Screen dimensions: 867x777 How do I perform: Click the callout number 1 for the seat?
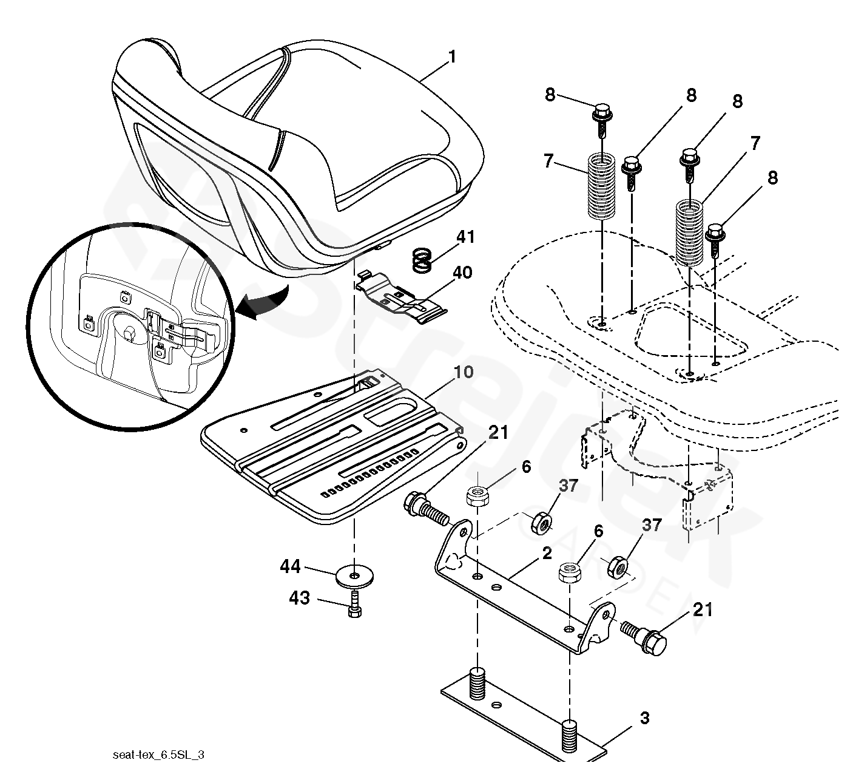[452, 57]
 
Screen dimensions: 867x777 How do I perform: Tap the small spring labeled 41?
[422, 260]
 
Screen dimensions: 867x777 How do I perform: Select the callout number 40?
[462, 273]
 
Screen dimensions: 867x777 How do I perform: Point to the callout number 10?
[463, 372]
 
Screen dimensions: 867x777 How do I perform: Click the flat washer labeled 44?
[355, 576]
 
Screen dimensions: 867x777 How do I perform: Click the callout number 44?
[290, 567]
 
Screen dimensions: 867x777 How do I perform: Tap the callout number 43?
[299, 598]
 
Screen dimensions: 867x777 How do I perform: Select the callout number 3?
[644, 718]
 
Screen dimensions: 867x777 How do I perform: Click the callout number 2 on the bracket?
[547, 554]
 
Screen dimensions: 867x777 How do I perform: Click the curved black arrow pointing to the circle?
[264, 303]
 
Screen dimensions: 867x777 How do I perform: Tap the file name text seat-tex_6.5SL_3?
[158, 755]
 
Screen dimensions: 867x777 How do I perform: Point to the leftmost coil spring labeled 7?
[601, 186]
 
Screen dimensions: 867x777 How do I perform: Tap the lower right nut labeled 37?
[617, 566]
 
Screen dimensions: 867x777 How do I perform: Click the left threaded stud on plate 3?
[477, 683]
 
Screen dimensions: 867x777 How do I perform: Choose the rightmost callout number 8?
[772, 177]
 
